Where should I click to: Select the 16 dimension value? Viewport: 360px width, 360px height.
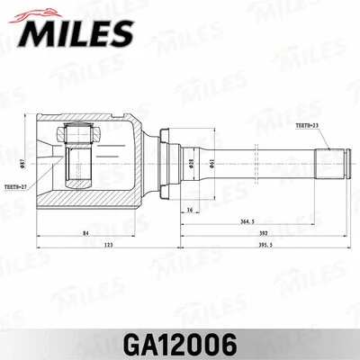(188, 209)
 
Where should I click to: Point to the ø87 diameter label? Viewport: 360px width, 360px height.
(21, 162)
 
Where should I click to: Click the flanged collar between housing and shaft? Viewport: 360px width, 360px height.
(161, 162)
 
